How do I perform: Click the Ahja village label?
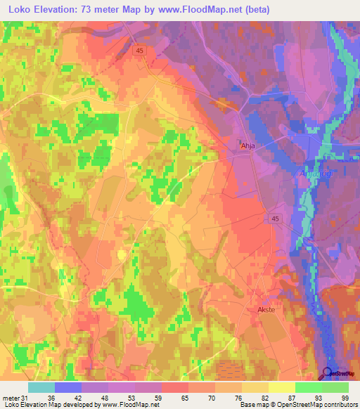(x=247, y=146)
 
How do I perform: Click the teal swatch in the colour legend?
(x=41, y=387)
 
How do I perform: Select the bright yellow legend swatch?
(x=282, y=387)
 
